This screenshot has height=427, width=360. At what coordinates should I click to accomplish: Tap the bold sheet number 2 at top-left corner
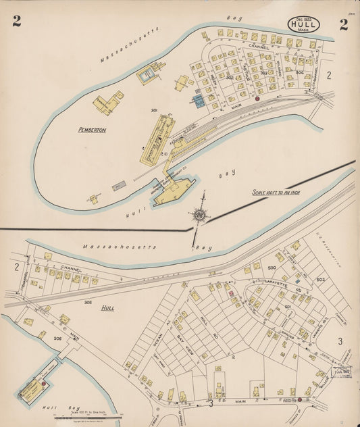coord(16,22)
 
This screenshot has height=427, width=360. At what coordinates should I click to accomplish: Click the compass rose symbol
coord(200,216)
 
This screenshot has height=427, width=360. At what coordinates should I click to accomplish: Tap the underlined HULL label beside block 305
coord(107,307)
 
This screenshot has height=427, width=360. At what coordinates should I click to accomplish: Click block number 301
coord(154,110)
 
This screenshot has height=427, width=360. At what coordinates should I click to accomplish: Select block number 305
coord(88,303)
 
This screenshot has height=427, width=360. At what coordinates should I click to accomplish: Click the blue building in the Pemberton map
coord(198,101)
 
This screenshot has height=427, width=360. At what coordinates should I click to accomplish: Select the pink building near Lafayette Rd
coord(230,294)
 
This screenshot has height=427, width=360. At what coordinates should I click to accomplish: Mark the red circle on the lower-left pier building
coord(44,383)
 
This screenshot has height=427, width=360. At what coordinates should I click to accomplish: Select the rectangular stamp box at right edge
coord(341,370)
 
